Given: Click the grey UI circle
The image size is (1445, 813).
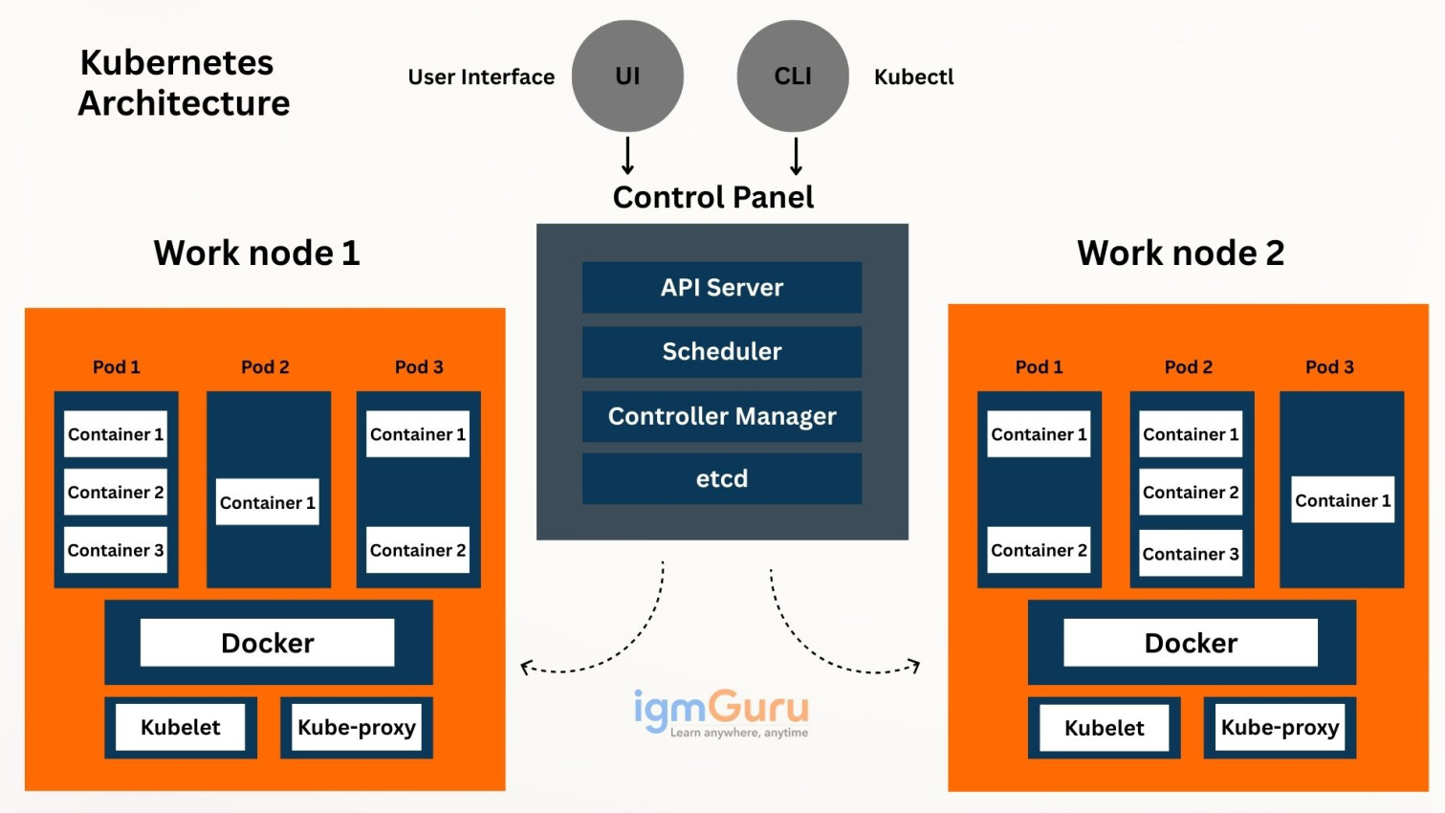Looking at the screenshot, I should click(x=627, y=76).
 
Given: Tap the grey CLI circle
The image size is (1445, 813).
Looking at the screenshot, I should click(x=793, y=76).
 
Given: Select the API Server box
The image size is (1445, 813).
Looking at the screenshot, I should click(x=721, y=287).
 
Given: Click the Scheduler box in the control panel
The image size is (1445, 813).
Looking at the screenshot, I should click(x=721, y=351).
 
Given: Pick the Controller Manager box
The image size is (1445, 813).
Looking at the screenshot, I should click(x=721, y=416).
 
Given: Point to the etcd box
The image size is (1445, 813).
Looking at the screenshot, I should click(x=721, y=478).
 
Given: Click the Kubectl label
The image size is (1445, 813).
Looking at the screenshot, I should click(x=913, y=77).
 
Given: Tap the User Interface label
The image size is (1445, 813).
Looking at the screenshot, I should click(x=481, y=77).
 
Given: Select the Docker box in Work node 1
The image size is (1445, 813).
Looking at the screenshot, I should click(x=267, y=643).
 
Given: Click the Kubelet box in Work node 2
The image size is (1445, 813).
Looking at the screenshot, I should click(x=1104, y=728).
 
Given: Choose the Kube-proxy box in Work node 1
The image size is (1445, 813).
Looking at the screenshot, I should click(x=356, y=728).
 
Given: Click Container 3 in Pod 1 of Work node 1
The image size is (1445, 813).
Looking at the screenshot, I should click(x=116, y=550).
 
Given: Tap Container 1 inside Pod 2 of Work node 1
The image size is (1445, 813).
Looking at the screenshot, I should click(x=267, y=502).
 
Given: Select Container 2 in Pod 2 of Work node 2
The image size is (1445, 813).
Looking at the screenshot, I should click(x=1190, y=492).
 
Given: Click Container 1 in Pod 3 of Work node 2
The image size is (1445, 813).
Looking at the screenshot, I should click(x=1342, y=500).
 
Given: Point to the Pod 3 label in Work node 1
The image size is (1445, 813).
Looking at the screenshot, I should click(x=419, y=366).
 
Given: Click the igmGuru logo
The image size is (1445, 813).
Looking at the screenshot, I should click(x=721, y=713).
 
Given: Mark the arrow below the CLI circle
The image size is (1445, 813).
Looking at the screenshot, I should click(x=796, y=156).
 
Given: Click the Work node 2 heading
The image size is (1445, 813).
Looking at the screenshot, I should click(x=1180, y=253).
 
